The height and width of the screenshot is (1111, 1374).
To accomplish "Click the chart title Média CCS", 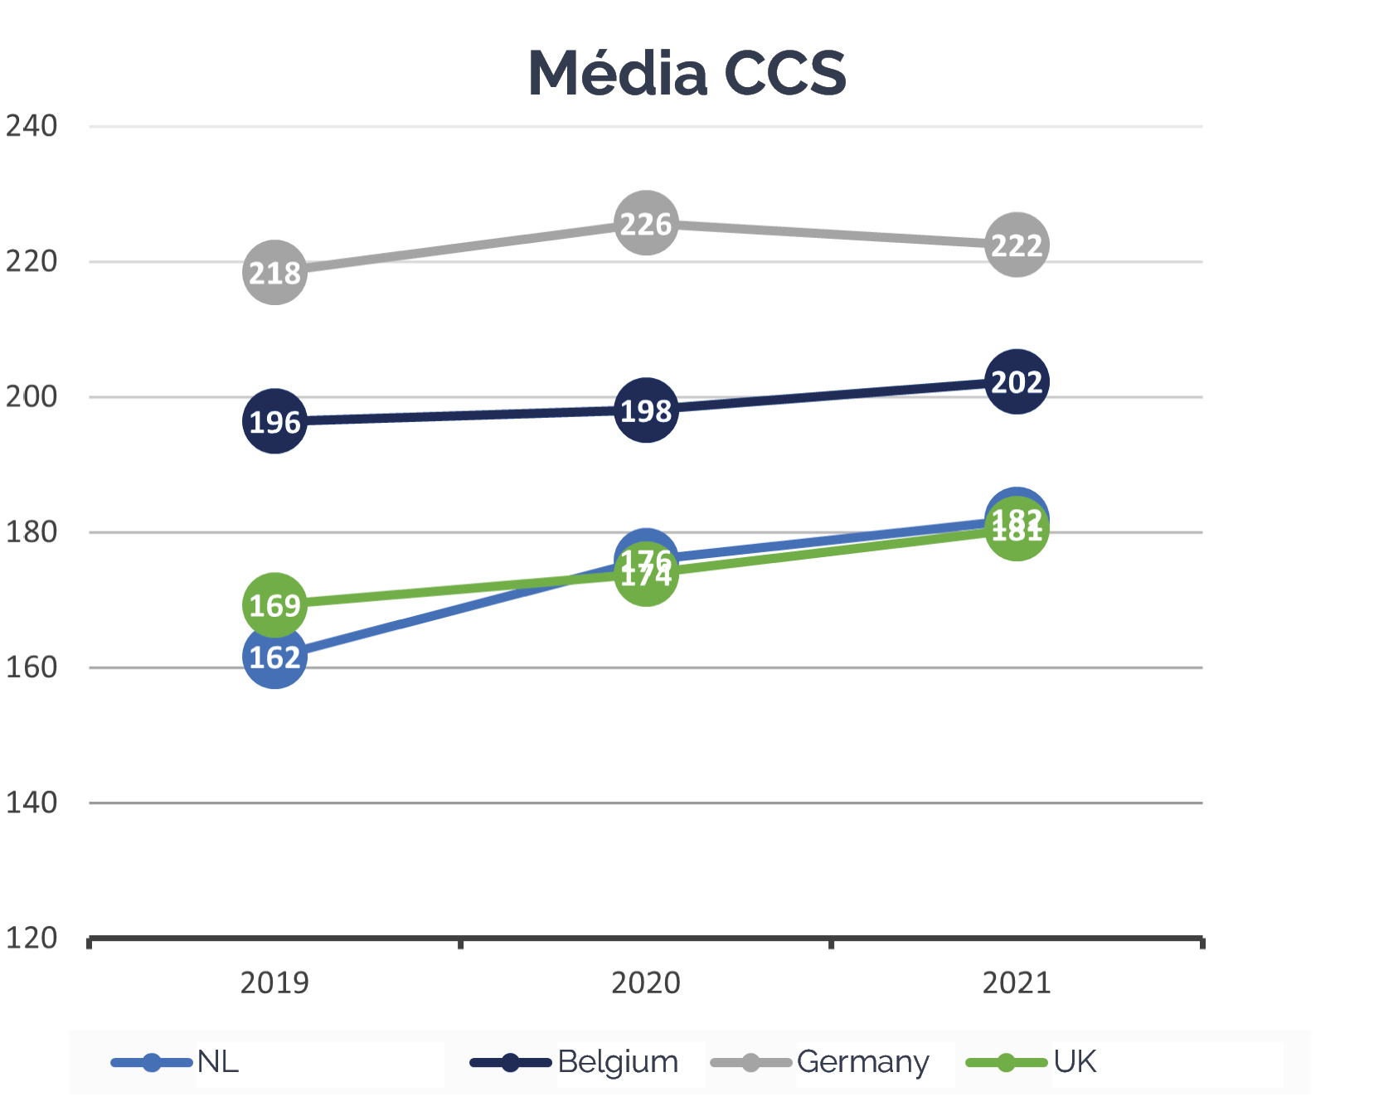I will coord(687,73).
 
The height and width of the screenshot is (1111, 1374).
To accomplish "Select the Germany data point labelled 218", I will coord(274,272).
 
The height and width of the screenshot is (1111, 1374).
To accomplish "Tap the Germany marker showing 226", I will coord(646,223).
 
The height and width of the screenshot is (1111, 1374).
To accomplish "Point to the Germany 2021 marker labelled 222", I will coord(1017,245).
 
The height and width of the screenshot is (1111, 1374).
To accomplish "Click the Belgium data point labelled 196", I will coord(274,421).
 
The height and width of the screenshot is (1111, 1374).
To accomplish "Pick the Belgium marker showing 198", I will coord(646,410).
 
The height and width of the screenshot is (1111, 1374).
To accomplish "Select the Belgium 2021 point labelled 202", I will coord(1017,381).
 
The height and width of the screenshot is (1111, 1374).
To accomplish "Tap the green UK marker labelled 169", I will coord(274,605).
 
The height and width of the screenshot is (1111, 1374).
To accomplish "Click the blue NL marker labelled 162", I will coord(274,657).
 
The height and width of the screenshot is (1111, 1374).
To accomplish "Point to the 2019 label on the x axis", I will coord(274,982).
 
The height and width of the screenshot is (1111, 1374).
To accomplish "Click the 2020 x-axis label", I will coord(646,982).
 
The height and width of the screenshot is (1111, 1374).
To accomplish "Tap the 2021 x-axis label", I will coord(1017,982).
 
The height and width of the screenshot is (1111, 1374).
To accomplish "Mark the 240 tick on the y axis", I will coord(32,126).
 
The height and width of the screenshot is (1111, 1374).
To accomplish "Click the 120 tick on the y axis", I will coord(32,938).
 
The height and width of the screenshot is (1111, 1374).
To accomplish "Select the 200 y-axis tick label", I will coord(32,396).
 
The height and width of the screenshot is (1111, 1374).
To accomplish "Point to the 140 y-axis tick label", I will coord(32,803).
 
